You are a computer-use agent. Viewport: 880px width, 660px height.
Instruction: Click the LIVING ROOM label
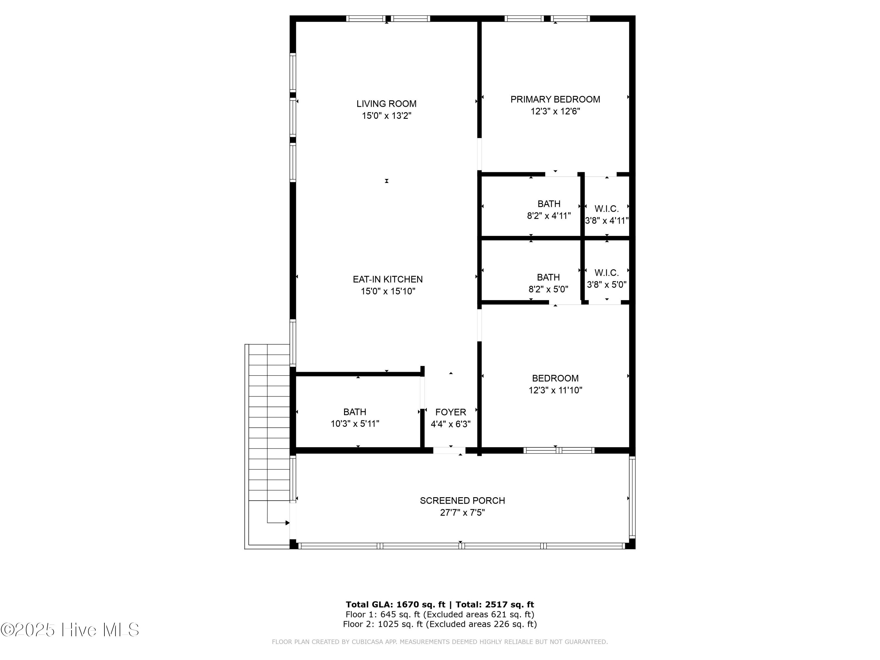coord(386,104)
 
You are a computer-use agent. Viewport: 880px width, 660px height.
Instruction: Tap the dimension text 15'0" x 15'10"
coord(388,291)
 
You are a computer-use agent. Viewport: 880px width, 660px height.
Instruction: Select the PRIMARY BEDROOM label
coord(555,99)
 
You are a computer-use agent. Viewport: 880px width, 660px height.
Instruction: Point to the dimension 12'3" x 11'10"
coord(555,390)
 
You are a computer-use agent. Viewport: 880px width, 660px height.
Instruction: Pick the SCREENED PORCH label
coord(462,500)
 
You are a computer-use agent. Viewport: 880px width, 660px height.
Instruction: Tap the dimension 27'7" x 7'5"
coord(462,512)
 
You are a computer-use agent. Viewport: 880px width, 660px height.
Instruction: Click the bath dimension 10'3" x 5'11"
coord(355,424)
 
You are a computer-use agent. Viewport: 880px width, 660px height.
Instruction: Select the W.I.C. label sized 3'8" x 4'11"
coord(606,209)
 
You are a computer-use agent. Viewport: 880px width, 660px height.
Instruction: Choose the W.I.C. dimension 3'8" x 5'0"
coord(606,285)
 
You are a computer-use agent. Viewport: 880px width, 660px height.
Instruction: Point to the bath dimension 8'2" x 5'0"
coord(548,289)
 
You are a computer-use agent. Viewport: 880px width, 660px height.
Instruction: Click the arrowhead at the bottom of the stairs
coord(287,523)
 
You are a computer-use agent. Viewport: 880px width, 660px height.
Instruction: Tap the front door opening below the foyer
coord(449,450)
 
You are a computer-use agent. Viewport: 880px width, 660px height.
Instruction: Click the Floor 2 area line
coord(440,624)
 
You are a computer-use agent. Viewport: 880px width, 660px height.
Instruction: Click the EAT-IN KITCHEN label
coord(387,279)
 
